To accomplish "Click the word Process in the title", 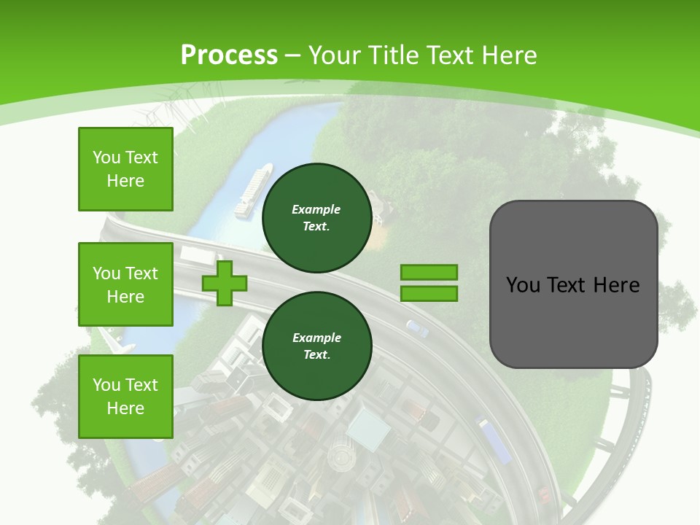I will [229, 55].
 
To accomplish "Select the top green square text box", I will [125, 169].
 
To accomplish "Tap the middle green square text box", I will [125, 284].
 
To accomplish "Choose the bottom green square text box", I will [125, 396].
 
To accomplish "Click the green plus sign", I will [224, 282].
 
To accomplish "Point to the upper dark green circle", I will [316, 218].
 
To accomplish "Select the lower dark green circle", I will [316, 346].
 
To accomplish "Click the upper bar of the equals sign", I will [429, 272].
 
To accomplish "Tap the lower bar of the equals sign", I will [429, 293].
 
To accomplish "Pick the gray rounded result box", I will [573, 284].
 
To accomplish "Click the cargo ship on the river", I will [252, 191].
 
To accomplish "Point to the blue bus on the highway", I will [493, 439].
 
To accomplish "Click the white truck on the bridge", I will [197, 255].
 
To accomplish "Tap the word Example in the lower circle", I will [316, 338].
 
